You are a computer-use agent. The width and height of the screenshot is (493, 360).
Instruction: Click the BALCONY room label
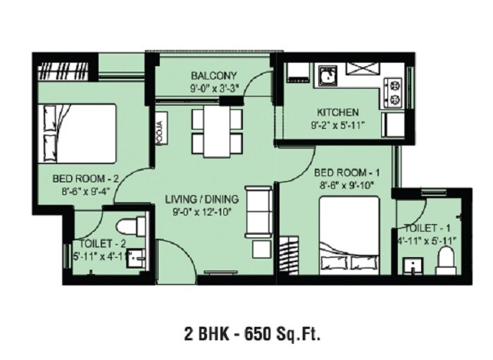coord(213,76)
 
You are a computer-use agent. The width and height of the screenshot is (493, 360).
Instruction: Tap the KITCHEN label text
coord(337,112)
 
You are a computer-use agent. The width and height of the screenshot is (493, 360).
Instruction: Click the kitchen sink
coord(327,75)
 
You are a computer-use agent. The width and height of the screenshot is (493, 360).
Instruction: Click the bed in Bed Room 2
coord(77,133)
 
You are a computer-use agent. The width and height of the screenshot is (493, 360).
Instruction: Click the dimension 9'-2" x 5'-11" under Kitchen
coord(337,125)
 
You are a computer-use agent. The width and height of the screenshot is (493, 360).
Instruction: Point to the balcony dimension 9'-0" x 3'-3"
coord(213,89)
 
